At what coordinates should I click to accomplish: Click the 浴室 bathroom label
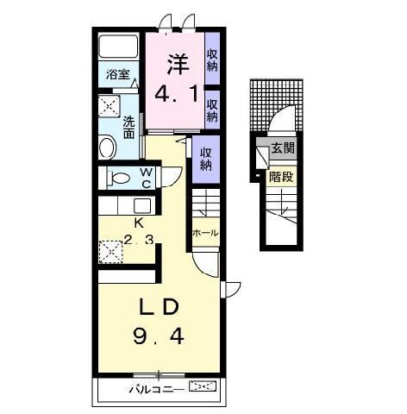point(118,74)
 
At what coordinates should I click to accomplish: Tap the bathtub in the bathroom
point(118,46)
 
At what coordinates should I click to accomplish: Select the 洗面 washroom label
point(128,128)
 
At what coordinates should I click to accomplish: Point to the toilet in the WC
point(118,178)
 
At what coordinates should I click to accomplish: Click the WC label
point(147,178)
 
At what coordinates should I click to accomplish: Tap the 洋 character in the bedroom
point(178,64)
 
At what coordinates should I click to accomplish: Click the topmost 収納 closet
point(212,60)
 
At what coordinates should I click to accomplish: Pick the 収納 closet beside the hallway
point(205,159)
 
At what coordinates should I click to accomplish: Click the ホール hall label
point(205,233)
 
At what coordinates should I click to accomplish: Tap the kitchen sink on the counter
point(142,205)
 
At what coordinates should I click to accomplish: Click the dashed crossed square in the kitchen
point(110,252)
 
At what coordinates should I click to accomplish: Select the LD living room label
point(159,307)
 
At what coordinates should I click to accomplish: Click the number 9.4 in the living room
point(159,336)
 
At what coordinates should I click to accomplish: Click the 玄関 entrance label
point(283,148)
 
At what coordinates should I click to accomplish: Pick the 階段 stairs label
point(281,177)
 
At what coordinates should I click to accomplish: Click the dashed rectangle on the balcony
point(203,386)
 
